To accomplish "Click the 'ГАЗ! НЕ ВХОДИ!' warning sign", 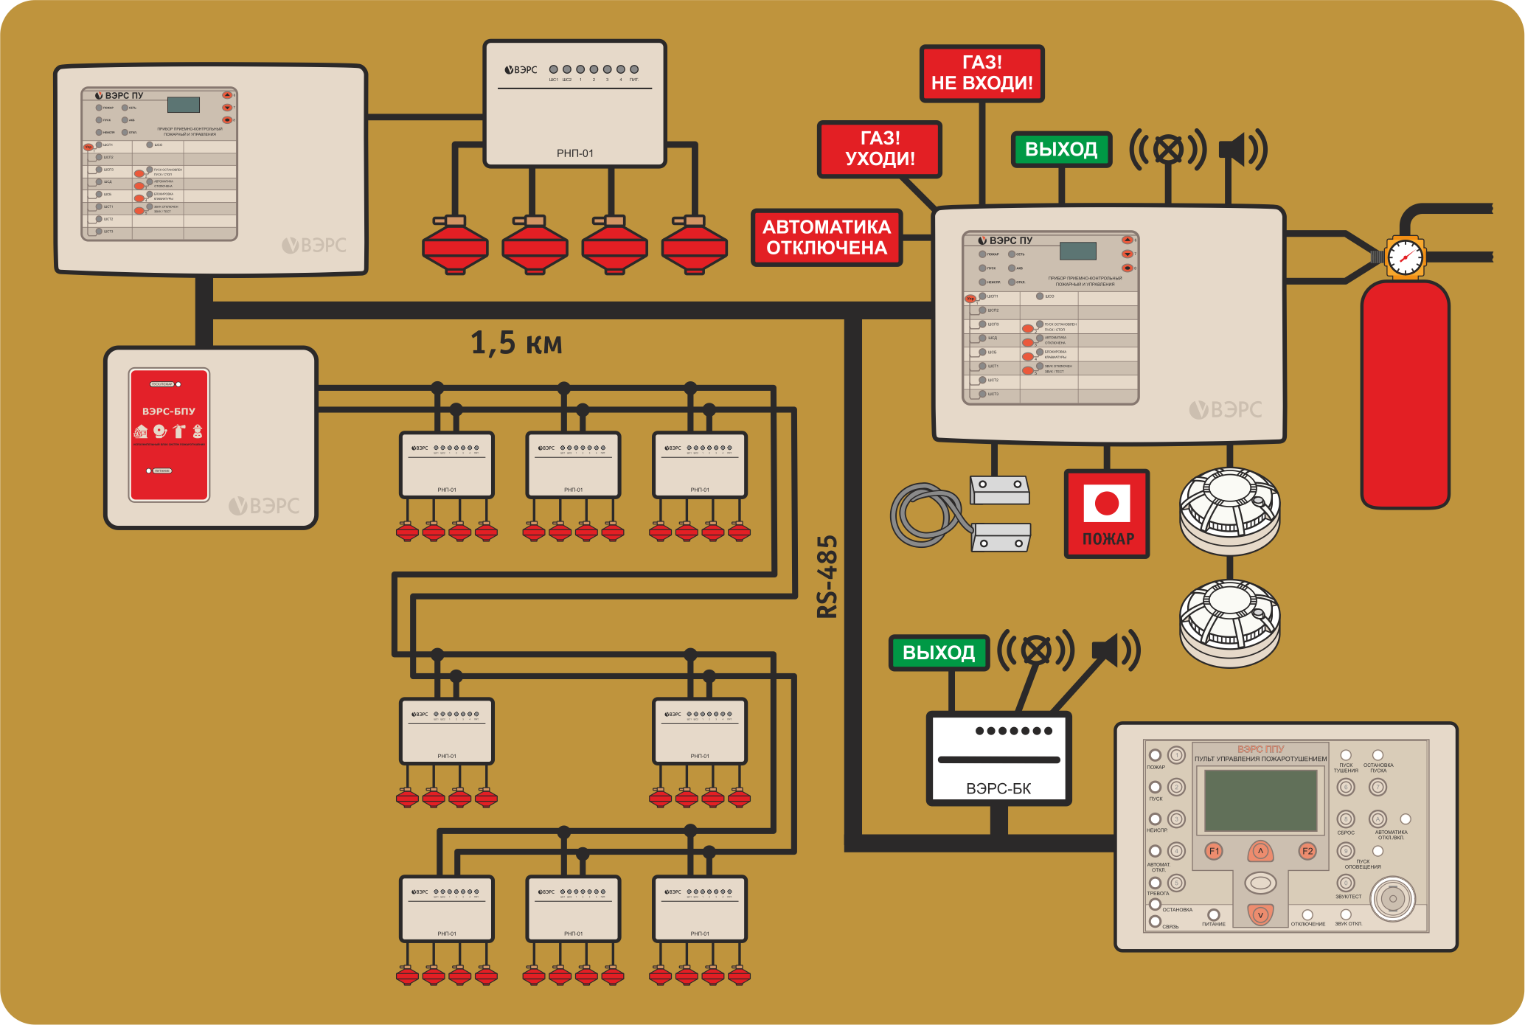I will (x=982, y=73).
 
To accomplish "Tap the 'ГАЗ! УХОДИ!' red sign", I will (x=879, y=149).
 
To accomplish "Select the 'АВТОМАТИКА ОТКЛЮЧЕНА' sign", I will (x=827, y=237).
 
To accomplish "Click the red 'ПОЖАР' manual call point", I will (x=1107, y=514).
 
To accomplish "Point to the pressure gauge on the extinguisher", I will (x=1405, y=257).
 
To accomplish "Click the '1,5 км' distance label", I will (x=516, y=344).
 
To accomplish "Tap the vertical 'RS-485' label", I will (x=828, y=577).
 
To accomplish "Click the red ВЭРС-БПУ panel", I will (x=169, y=435).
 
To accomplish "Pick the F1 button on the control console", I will (x=1214, y=851).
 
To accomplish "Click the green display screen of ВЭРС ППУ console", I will (x=1260, y=800).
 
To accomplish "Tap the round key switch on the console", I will (x=1392, y=899).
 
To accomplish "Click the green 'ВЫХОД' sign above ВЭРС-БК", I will (x=939, y=653).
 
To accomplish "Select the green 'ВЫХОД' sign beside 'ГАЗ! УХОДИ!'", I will (x=1061, y=150).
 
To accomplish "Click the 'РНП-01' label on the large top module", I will (x=574, y=153).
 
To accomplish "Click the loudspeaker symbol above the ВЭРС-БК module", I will (x=1116, y=651).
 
